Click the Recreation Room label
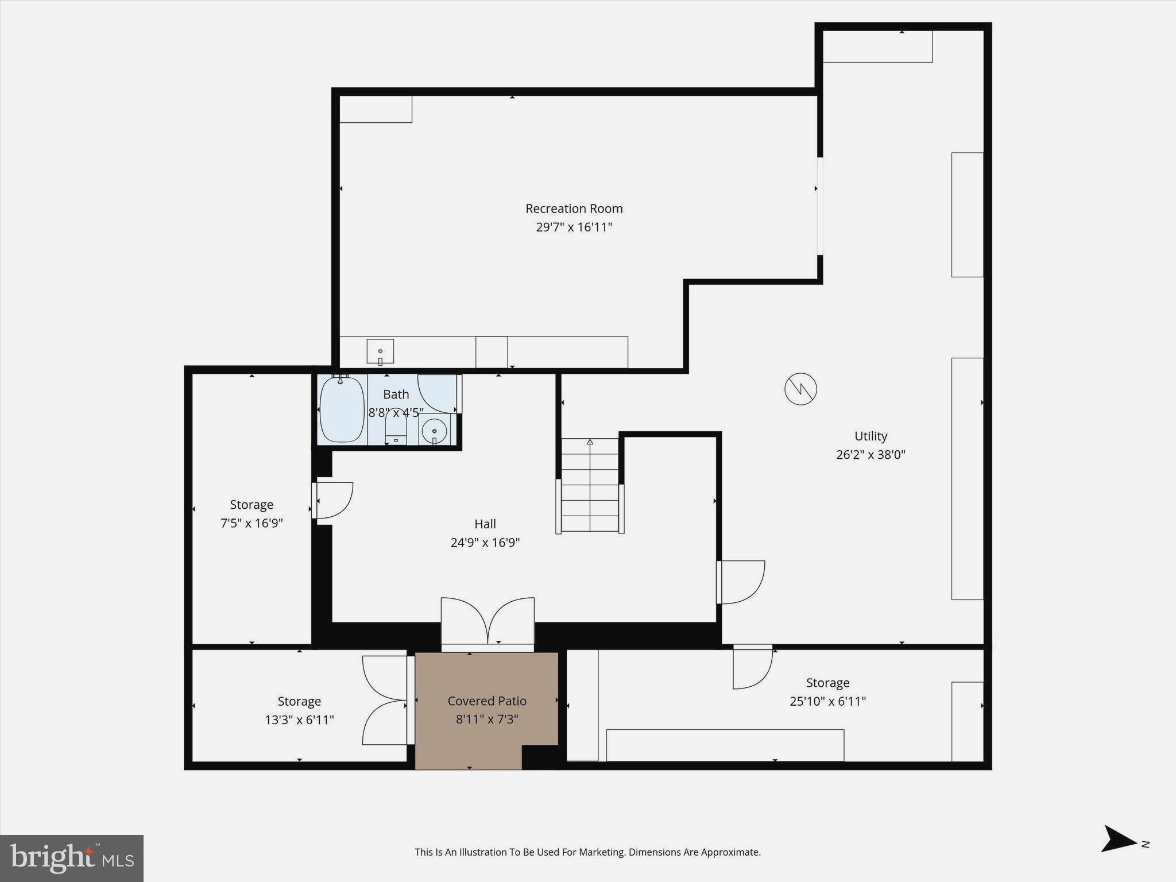click(574, 208)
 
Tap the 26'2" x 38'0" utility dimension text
click(871, 455)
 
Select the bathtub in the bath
click(342, 409)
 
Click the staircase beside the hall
click(590, 485)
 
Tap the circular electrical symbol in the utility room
click(800, 389)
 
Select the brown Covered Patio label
click(487, 701)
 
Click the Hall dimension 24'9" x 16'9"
click(485, 543)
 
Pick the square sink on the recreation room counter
click(380, 351)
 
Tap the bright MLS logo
click(72, 858)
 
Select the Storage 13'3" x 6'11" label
click(299, 710)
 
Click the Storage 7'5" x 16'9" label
click(252, 514)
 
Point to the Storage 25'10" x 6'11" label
click(827, 692)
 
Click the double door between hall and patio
click(488, 623)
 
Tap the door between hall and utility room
click(741, 582)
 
